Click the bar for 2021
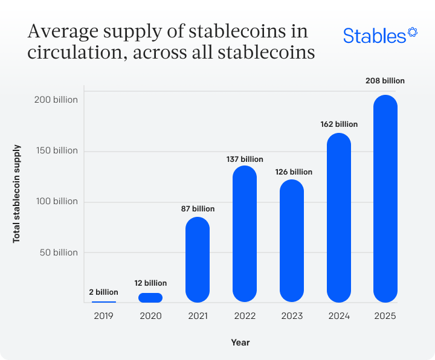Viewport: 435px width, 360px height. [x=198, y=259]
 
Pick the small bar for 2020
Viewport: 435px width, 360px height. [x=150, y=297]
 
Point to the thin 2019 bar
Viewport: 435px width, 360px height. [x=104, y=301]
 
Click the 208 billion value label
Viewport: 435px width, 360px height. [x=385, y=80]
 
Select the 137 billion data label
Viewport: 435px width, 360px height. [x=245, y=159]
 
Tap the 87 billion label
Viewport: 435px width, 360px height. [x=198, y=209]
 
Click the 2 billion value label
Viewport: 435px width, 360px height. [x=104, y=292]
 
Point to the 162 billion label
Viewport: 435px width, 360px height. [x=339, y=124]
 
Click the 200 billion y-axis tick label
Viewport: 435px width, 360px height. [x=56, y=99]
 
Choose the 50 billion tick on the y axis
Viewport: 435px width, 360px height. [x=59, y=252]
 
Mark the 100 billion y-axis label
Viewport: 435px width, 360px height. [x=56, y=201]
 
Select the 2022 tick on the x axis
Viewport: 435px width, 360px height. [x=245, y=316]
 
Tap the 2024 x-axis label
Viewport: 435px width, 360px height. [x=339, y=316]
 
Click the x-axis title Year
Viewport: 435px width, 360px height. [x=240, y=342]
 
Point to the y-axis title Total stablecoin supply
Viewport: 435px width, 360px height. [x=17, y=193]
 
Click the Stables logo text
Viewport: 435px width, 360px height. [x=375, y=36]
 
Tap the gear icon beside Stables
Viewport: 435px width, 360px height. [x=413, y=31]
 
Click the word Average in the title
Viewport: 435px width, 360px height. [x=63, y=31]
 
